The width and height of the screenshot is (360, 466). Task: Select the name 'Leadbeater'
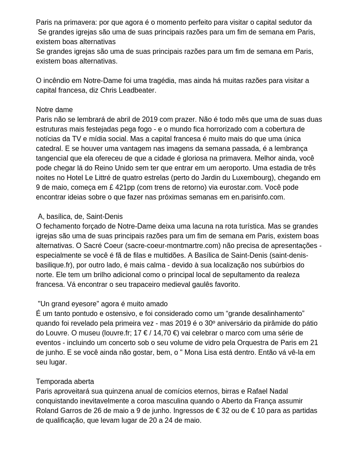[137, 90]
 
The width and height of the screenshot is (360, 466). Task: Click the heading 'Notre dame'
[54, 109]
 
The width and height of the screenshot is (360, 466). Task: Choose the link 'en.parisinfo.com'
[257, 197]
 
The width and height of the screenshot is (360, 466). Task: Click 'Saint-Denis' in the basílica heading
[104, 216]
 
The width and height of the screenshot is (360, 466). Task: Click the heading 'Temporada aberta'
[65, 381]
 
